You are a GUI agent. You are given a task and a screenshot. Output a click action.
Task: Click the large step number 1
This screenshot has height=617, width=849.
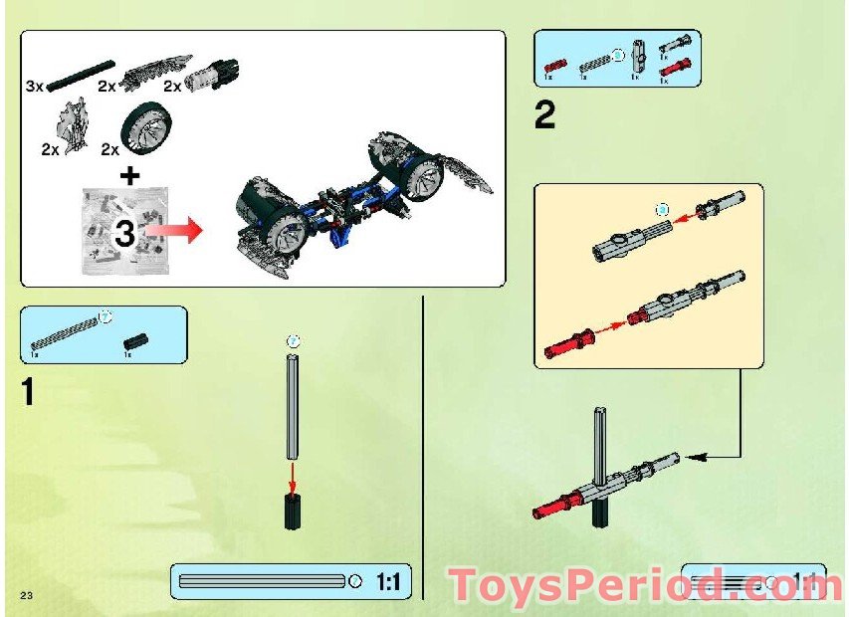pos(28,392)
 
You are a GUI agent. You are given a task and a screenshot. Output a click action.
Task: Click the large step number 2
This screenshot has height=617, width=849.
pos(544,116)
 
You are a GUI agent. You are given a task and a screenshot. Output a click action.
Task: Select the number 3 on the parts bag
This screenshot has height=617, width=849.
pos(125,234)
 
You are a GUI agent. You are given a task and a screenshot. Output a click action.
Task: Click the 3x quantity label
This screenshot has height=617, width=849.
pos(36,87)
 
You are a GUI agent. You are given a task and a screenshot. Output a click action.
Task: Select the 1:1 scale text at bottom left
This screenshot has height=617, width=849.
pos(388,581)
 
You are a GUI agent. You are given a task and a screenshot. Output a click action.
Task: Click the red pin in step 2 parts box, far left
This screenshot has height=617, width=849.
pos(552,66)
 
